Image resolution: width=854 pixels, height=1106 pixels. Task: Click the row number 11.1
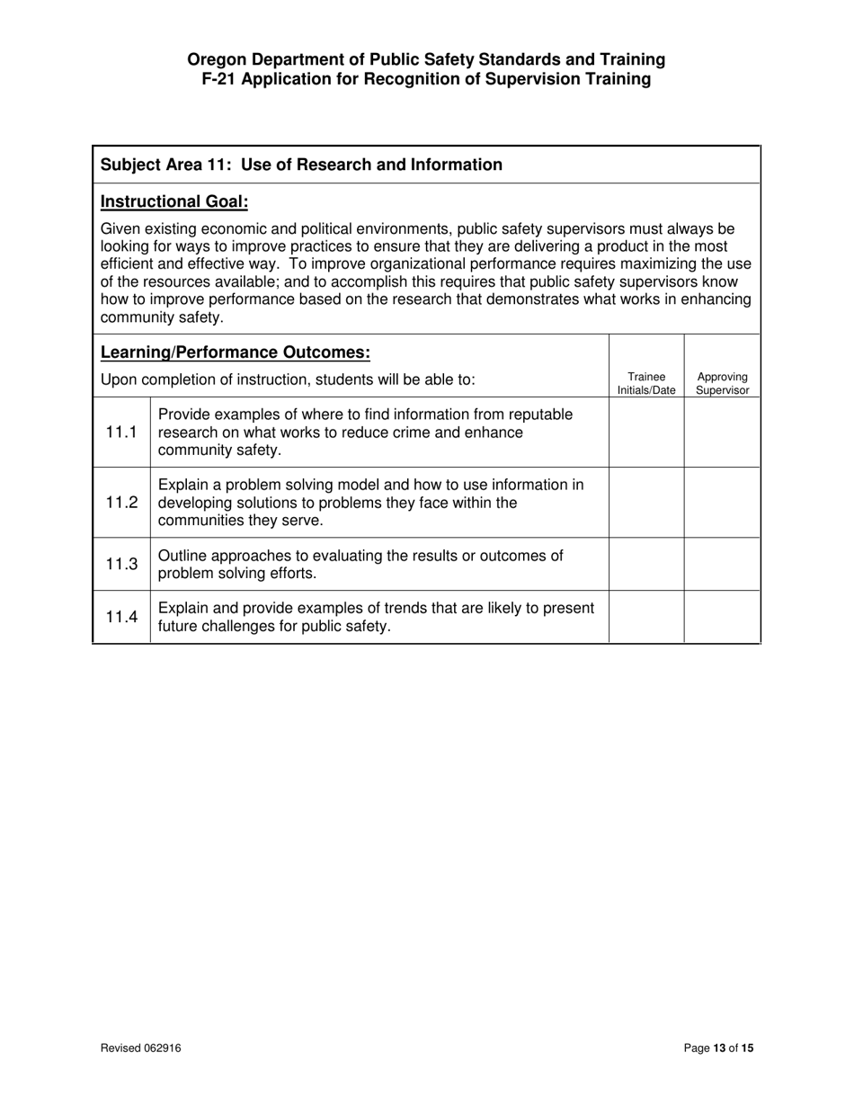(x=121, y=433)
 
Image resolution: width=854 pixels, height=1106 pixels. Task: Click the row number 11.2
(x=121, y=503)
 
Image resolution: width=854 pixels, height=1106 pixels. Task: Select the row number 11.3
(x=121, y=565)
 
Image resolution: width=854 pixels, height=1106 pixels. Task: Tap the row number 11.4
(x=121, y=617)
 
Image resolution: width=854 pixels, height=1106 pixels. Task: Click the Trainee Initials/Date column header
(x=646, y=384)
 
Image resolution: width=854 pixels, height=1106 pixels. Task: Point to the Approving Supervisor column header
(x=722, y=384)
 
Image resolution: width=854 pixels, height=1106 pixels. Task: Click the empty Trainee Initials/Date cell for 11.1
(x=646, y=433)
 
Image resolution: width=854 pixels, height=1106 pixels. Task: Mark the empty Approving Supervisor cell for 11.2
(x=722, y=503)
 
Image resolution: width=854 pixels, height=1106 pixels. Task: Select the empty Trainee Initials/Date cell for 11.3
(x=646, y=565)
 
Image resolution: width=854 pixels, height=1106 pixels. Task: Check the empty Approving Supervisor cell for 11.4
(x=722, y=617)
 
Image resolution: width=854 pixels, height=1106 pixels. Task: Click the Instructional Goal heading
(x=174, y=201)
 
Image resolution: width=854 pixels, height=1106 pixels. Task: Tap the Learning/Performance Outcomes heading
(x=236, y=352)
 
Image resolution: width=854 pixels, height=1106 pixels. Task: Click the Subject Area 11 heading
(x=301, y=165)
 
